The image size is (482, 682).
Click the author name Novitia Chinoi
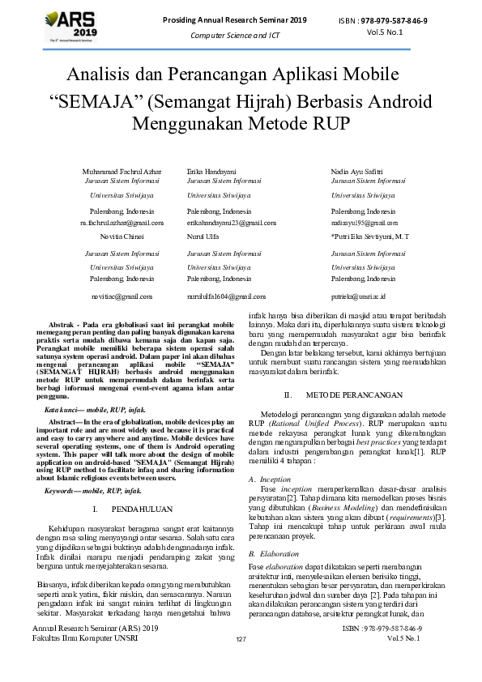pyautogui.click(x=107, y=237)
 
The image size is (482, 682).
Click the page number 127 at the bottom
pyautogui.click(x=241, y=663)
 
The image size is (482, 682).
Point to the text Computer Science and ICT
pyautogui.click(x=234, y=36)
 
